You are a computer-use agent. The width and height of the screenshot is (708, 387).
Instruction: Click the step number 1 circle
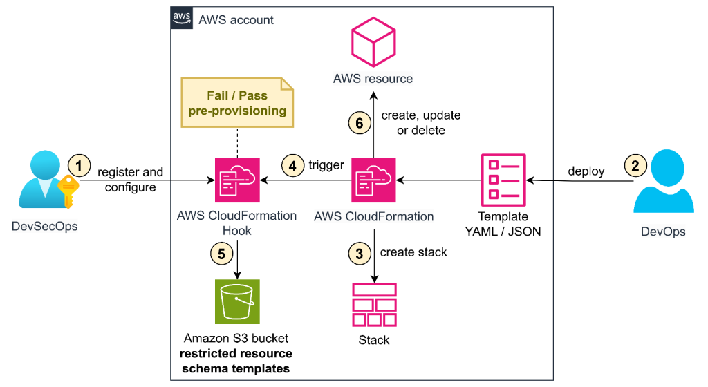(x=80, y=165)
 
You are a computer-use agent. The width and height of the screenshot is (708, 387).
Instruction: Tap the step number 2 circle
(x=635, y=165)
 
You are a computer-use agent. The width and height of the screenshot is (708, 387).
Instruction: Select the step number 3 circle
(x=359, y=253)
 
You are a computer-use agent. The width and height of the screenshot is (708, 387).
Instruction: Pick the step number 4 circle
(x=292, y=166)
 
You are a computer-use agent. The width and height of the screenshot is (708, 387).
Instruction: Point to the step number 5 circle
(x=221, y=253)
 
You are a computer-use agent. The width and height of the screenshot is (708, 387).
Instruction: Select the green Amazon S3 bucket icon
(x=237, y=302)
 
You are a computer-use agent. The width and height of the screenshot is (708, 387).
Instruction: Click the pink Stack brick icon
(x=374, y=305)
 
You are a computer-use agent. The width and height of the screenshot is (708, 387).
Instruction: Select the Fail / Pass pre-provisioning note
(x=237, y=102)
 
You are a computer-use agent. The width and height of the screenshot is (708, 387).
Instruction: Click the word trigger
(x=326, y=166)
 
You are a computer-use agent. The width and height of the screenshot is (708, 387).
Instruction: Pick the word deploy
(x=586, y=171)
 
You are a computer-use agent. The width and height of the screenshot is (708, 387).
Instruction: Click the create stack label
(x=413, y=252)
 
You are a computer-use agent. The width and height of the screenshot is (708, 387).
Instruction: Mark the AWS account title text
(x=236, y=20)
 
